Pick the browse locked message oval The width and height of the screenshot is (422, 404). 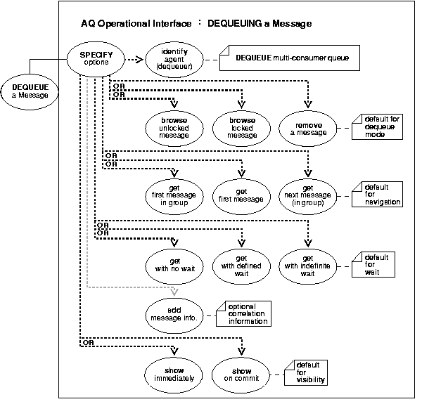(x=241, y=126)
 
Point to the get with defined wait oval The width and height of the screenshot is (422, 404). (x=241, y=261)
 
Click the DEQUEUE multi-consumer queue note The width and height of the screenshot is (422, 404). (x=288, y=57)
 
